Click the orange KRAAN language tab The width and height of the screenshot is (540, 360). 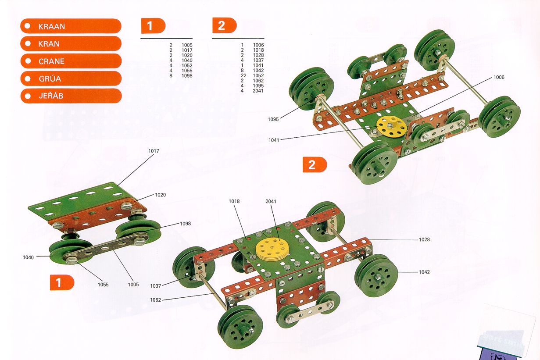[70, 26]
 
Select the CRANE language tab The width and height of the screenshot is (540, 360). [70, 61]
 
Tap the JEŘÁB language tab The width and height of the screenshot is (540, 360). [70, 96]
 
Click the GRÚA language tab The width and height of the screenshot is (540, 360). [70, 79]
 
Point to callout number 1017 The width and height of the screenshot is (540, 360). [154, 151]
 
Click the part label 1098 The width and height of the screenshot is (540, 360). [186, 224]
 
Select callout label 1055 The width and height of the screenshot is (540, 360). [103, 285]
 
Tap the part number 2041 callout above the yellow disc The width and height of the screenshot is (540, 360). [271, 201]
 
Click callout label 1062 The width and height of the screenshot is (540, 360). [155, 300]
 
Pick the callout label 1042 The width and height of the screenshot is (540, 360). [424, 272]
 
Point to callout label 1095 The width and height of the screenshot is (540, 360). [274, 119]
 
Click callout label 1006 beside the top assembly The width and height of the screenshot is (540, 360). [499, 77]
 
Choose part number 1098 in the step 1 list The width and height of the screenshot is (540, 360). [187, 76]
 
